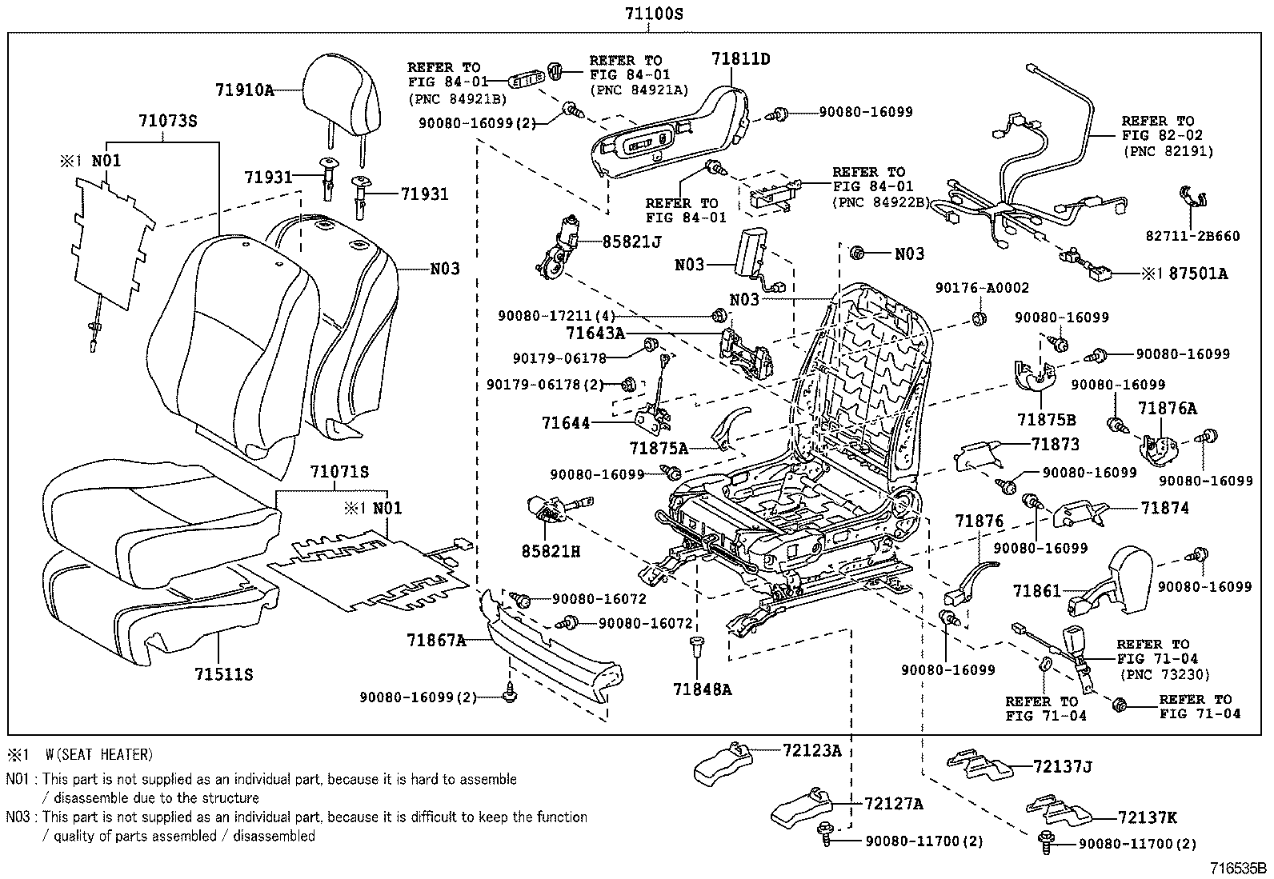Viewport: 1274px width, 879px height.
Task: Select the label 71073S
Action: click(167, 121)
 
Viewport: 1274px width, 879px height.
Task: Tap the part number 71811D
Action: click(741, 58)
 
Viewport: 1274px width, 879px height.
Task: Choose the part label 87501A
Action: click(1198, 274)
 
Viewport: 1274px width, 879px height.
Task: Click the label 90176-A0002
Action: click(982, 288)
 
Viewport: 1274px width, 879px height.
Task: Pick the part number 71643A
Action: click(595, 334)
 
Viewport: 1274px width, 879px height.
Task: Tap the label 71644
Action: click(566, 422)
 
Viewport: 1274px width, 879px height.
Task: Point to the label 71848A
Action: click(702, 689)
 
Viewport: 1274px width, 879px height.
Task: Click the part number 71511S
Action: click(223, 674)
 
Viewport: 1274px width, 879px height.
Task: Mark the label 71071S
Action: click(339, 473)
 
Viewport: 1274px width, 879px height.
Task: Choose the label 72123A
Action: click(812, 750)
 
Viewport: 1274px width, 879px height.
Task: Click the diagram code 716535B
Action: click(1239, 868)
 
